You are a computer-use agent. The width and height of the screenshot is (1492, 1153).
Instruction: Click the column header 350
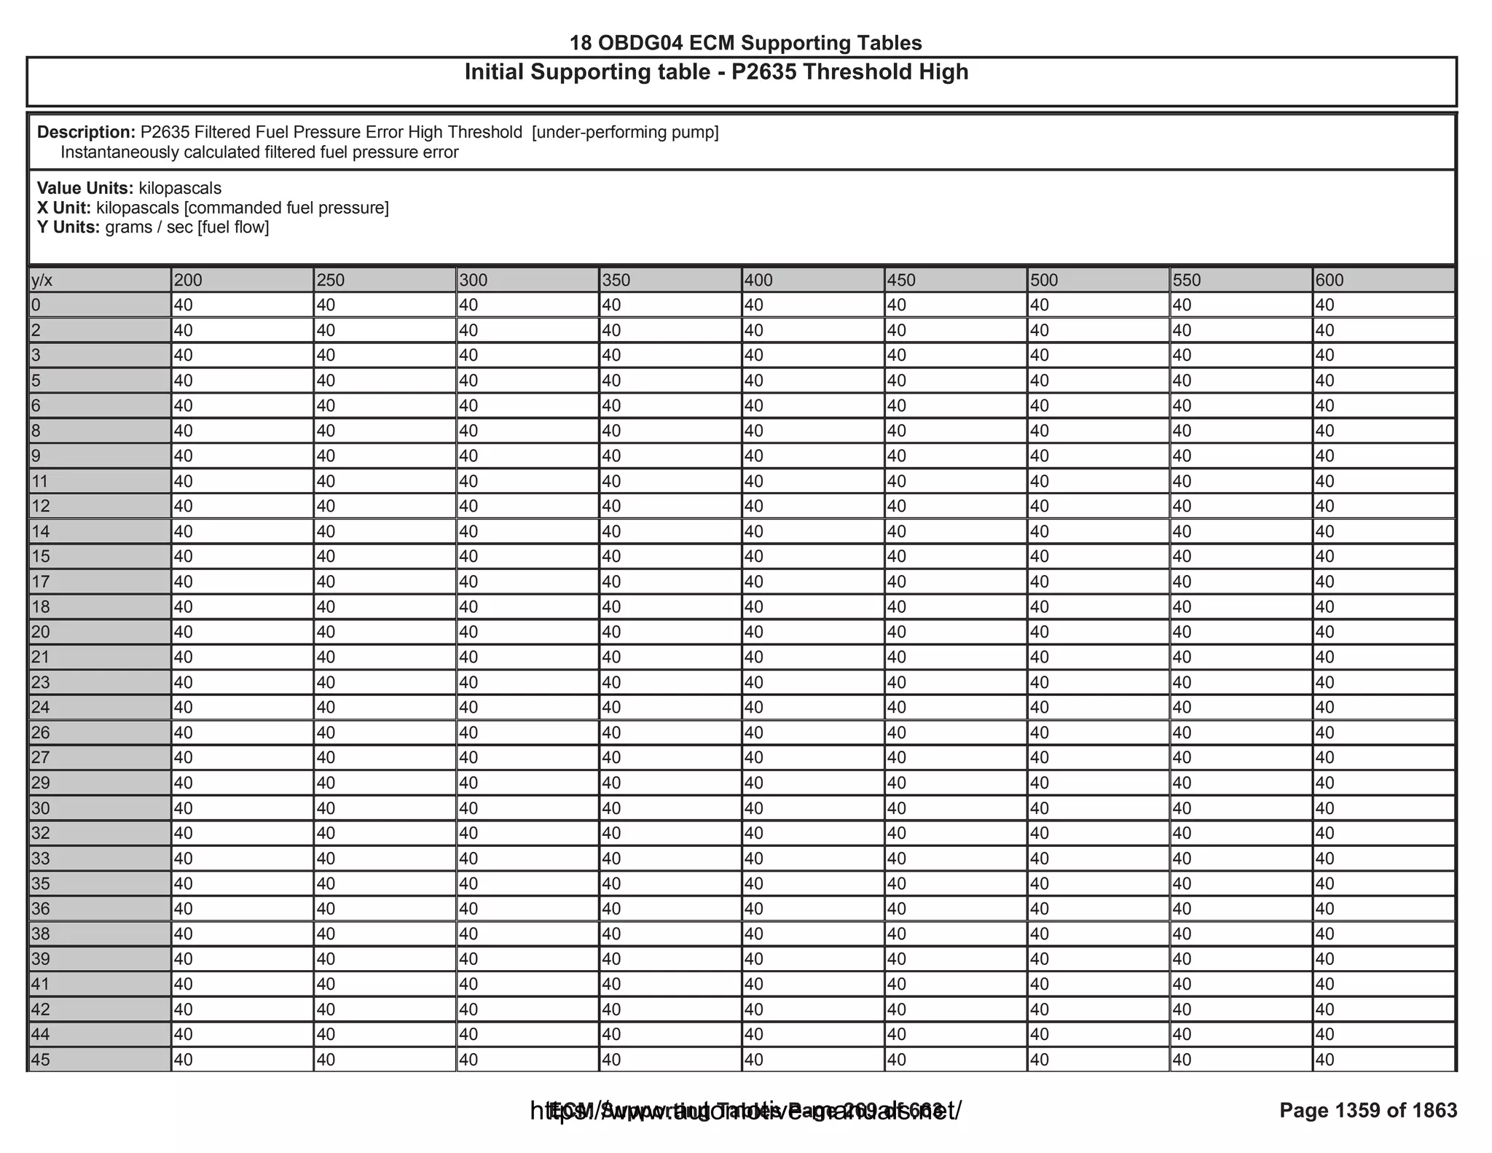pyautogui.click(x=670, y=281)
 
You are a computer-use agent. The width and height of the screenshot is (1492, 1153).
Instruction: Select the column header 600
pyautogui.click(x=1383, y=281)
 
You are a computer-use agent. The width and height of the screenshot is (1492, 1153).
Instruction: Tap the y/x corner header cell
pyautogui.click(x=99, y=281)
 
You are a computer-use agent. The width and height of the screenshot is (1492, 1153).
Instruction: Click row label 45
pyautogui.click(x=99, y=1060)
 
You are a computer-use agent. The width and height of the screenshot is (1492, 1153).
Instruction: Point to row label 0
pyautogui.click(x=99, y=305)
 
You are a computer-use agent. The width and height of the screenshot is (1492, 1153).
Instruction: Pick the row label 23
pyautogui.click(x=99, y=682)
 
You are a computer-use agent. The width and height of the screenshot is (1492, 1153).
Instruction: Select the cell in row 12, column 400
pyautogui.click(x=812, y=507)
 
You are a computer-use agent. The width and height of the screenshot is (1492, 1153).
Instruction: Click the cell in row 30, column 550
pyautogui.click(x=1241, y=808)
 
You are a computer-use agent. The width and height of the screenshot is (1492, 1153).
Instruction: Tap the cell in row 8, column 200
pyautogui.click(x=241, y=431)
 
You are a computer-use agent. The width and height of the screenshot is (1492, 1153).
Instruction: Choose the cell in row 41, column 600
pyautogui.click(x=1383, y=985)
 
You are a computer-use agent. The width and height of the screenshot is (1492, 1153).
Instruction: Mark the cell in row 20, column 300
pyautogui.click(x=527, y=632)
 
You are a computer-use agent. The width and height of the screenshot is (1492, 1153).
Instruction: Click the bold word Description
pyautogui.click(x=86, y=133)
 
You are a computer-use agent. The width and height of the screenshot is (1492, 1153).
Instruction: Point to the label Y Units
pyautogui.click(x=68, y=227)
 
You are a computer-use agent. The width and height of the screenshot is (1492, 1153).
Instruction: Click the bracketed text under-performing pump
pyautogui.click(x=625, y=133)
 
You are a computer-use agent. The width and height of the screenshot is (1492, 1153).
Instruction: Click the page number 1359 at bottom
pyautogui.click(x=1357, y=1110)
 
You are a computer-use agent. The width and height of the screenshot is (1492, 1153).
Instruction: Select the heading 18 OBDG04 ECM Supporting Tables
pyautogui.click(x=745, y=43)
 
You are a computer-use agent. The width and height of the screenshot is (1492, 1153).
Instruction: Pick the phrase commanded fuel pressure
pyautogui.click(x=286, y=208)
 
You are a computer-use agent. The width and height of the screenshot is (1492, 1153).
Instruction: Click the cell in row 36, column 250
pyautogui.click(x=384, y=909)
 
